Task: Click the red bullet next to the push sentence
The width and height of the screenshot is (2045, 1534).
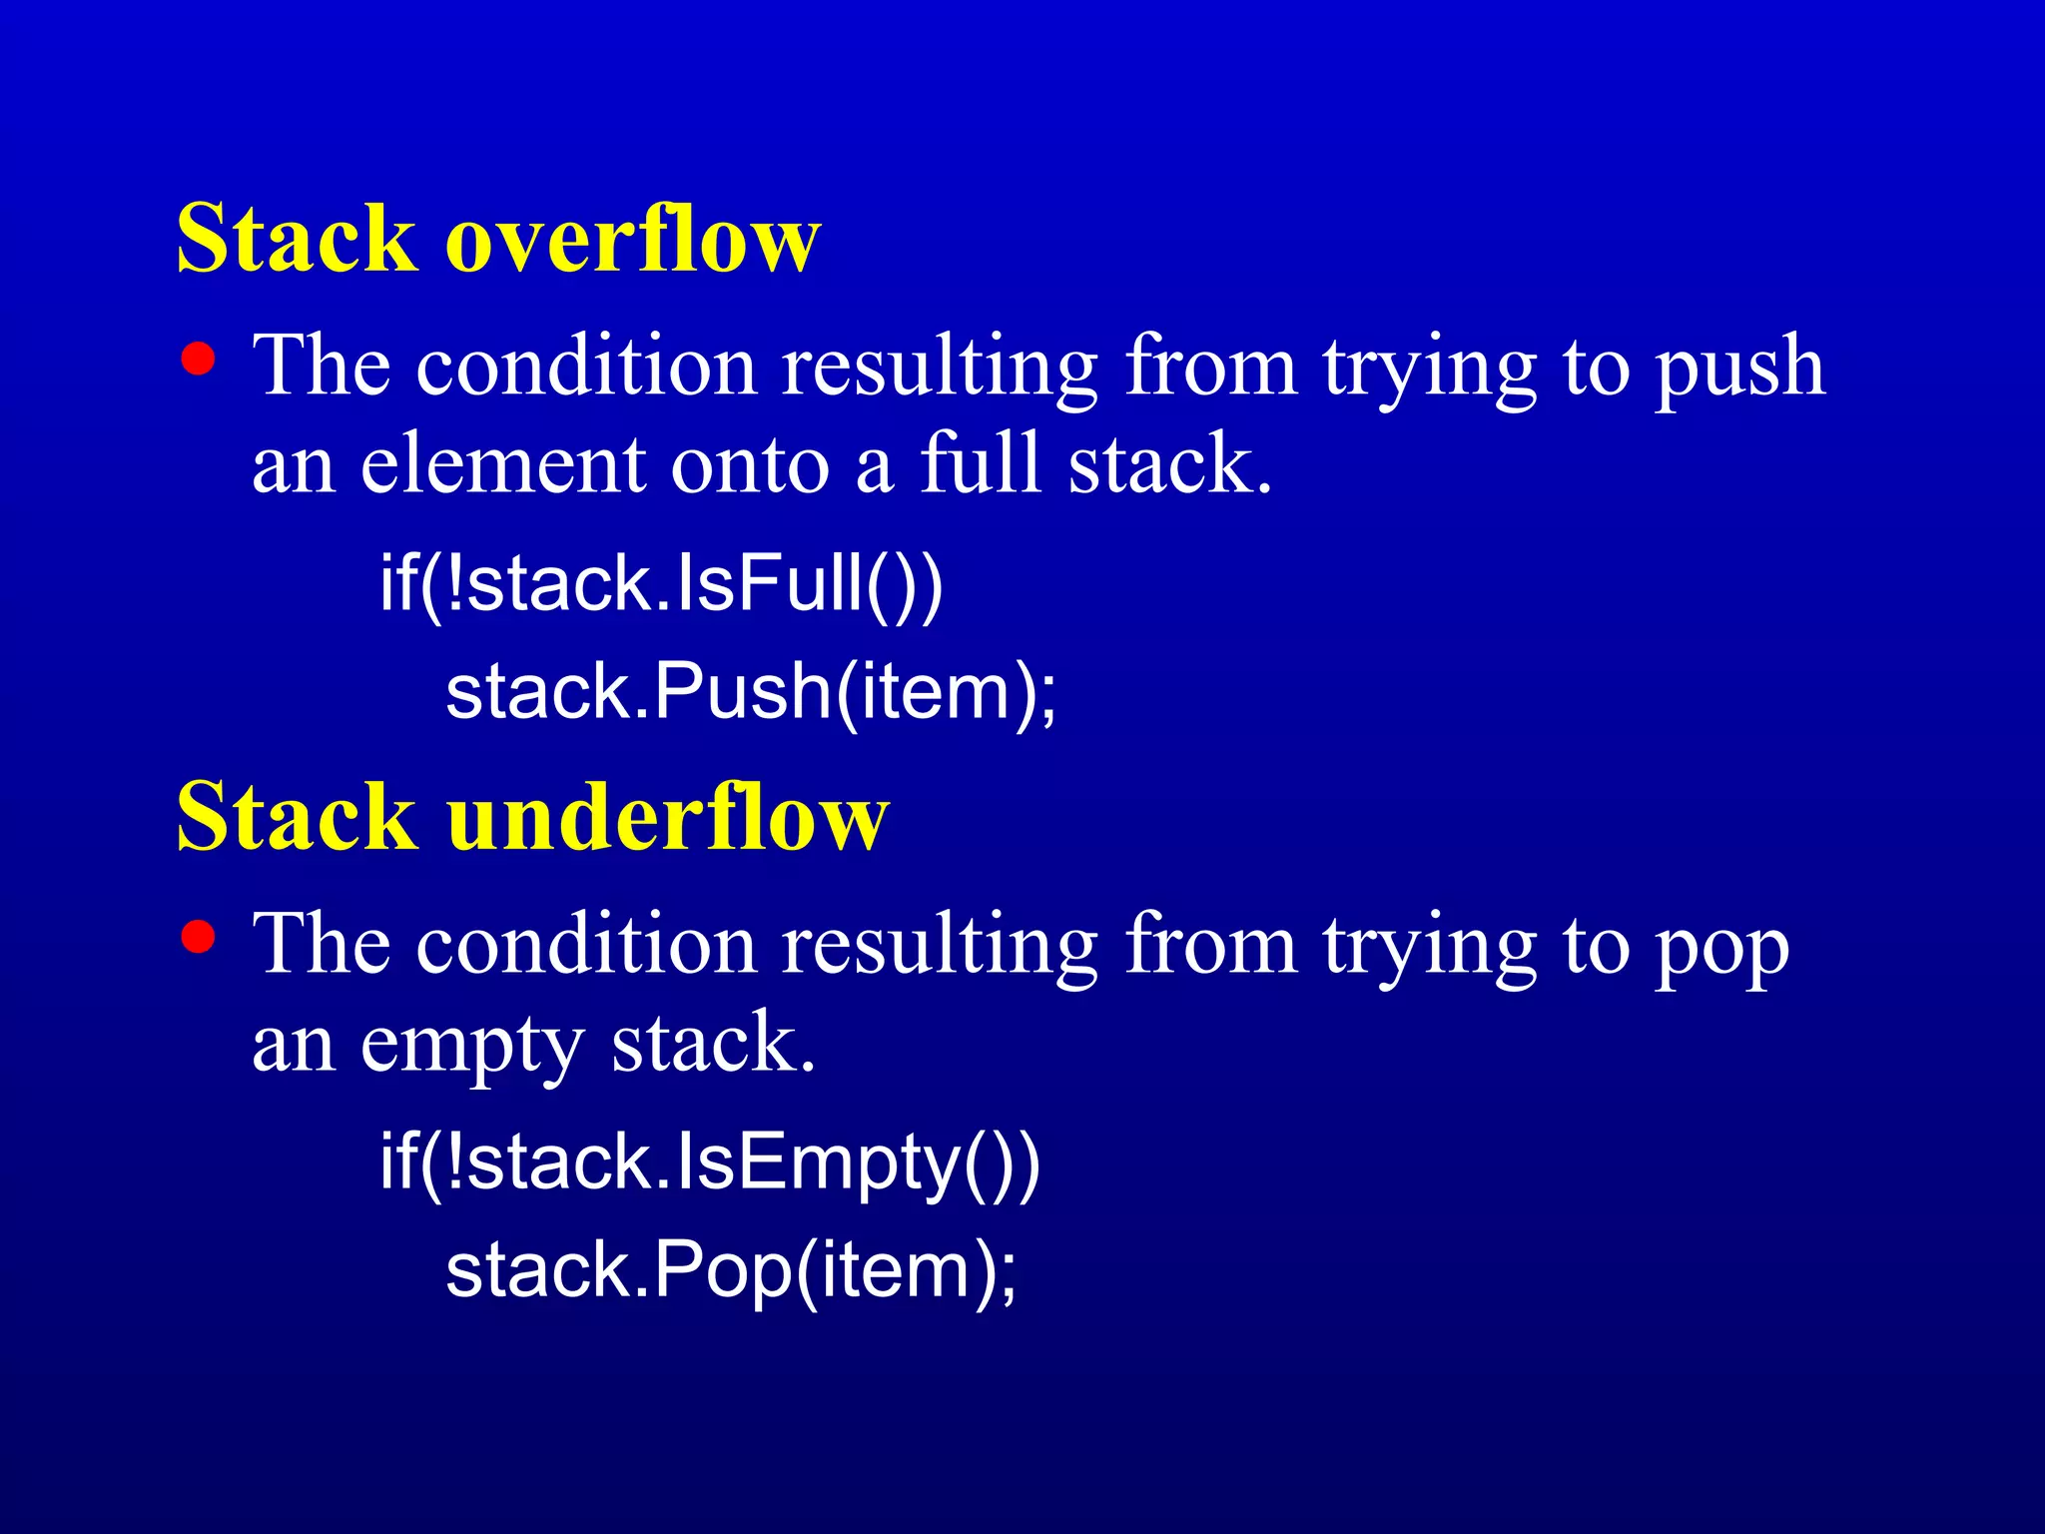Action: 199,359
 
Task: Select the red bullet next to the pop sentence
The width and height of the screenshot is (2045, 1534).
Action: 199,937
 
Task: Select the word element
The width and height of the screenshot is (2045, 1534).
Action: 502,465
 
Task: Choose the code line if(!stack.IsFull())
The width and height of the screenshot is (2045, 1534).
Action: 661,584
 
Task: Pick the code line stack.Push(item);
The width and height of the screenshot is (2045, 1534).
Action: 750,692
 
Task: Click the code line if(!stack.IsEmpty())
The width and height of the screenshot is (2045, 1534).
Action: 709,1163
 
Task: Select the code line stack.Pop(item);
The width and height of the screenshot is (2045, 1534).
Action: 731,1270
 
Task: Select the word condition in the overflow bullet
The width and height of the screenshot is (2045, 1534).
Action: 586,366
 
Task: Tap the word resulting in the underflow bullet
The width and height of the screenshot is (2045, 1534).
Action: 940,947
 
